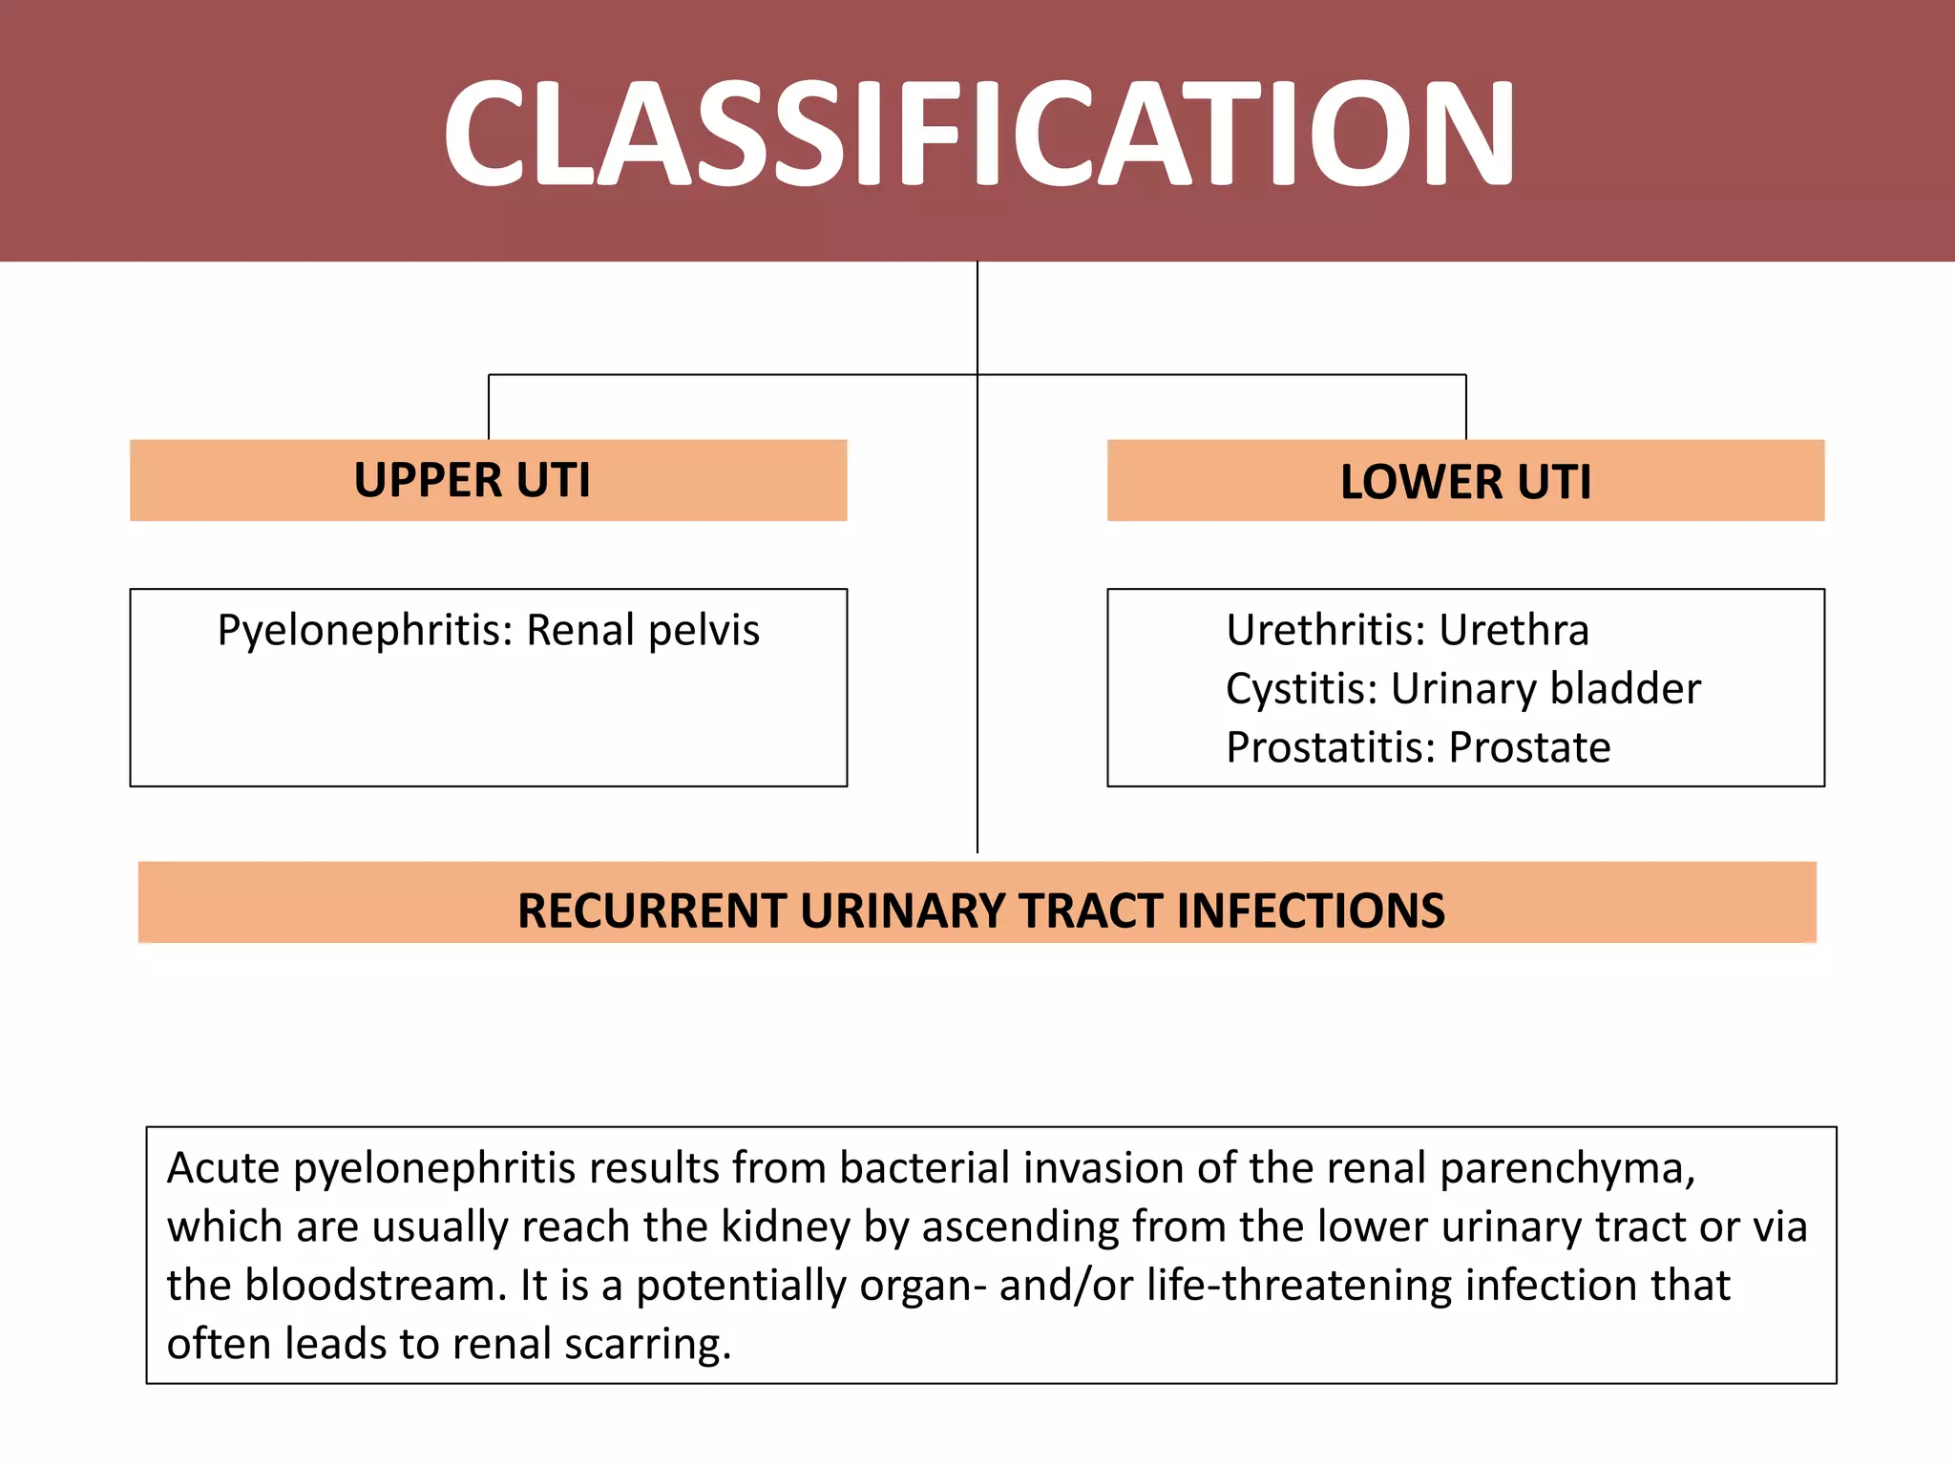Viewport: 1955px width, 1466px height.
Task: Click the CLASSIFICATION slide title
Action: (977, 134)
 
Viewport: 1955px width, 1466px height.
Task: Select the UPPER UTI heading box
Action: (488, 480)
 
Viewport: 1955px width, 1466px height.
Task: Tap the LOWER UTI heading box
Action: (1465, 481)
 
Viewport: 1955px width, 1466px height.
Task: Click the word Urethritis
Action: (1326, 631)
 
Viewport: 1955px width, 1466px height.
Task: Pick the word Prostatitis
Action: (1331, 747)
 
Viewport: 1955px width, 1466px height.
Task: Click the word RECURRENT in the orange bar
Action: (652, 911)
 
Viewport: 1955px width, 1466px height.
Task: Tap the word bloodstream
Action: (375, 1286)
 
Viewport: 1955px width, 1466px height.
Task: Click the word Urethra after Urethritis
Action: (1514, 631)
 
